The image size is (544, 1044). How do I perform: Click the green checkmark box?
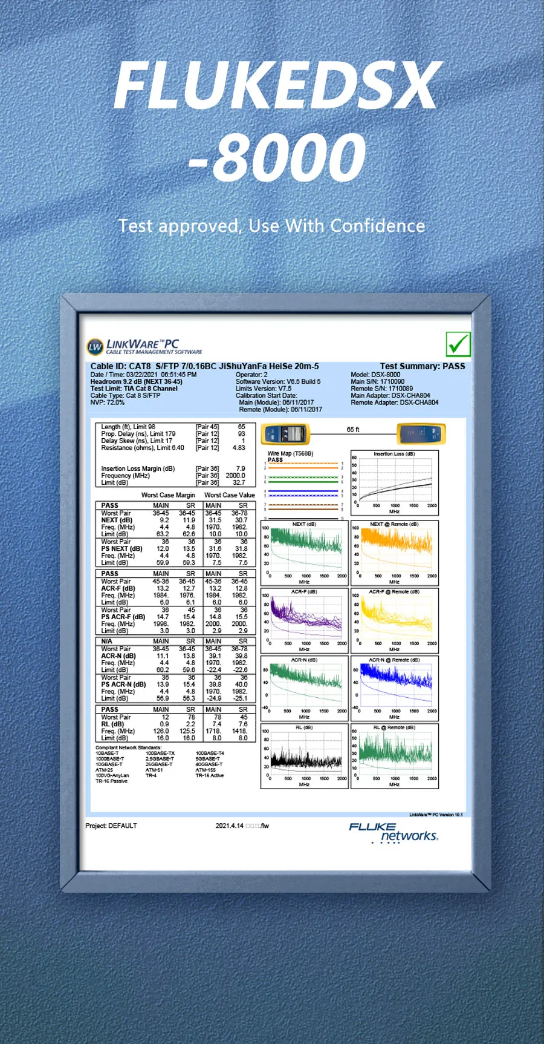[458, 344]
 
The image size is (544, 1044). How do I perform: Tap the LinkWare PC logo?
[145, 346]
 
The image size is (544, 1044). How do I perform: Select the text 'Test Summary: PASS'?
[423, 366]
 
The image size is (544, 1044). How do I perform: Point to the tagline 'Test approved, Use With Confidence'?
[272, 226]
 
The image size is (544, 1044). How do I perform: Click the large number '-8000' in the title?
[277, 157]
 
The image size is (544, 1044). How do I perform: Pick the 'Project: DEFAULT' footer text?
[111, 826]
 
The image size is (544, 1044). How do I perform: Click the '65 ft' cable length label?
[353, 430]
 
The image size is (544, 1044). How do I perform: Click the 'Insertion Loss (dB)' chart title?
[394, 453]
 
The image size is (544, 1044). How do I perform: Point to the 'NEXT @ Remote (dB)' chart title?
[394, 524]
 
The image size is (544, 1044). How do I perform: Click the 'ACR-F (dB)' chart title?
[304, 592]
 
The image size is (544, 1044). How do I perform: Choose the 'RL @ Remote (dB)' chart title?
[394, 727]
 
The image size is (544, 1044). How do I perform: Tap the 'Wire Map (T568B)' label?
[290, 453]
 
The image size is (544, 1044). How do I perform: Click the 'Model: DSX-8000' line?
[375, 375]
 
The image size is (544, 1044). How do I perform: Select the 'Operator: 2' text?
[251, 375]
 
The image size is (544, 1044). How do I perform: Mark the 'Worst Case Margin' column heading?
[168, 495]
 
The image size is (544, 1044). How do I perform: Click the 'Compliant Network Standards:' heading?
[128, 747]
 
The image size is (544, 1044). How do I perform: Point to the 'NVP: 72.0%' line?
[108, 402]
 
